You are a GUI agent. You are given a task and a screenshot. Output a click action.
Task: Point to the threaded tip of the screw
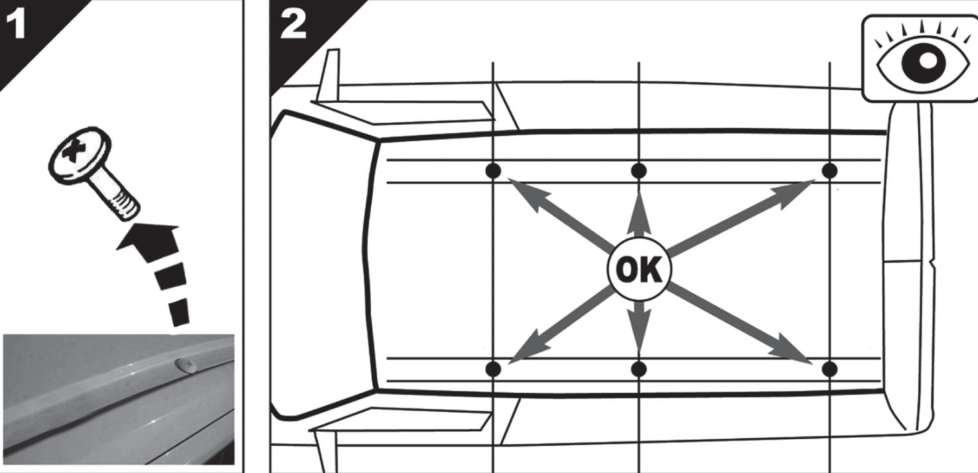pyautogui.click(x=125, y=207)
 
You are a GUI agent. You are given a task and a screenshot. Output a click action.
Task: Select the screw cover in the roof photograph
pyautogui.click(x=186, y=365)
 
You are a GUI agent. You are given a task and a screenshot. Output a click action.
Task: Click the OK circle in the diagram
pyautogui.click(x=639, y=269)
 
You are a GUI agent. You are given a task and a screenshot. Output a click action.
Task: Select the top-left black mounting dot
pyautogui.click(x=494, y=170)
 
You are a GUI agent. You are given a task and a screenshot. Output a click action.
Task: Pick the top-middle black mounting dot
pyautogui.click(x=639, y=170)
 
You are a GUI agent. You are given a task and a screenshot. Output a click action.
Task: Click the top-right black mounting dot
pyautogui.click(x=829, y=170)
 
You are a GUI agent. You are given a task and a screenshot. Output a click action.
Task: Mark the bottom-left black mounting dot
pyautogui.click(x=494, y=369)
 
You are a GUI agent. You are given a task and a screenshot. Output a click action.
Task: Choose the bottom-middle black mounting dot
pyautogui.click(x=639, y=369)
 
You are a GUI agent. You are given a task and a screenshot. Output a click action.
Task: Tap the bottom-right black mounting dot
pyautogui.click(x=829, y=369)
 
